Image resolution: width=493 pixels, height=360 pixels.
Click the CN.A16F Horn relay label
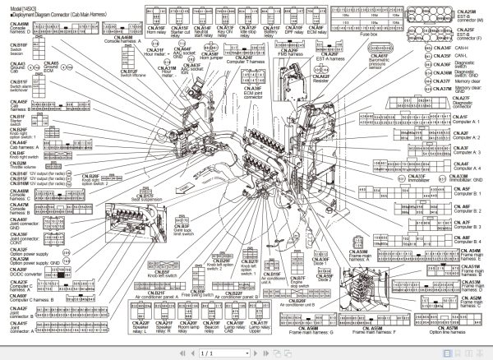click(x=156, y=30)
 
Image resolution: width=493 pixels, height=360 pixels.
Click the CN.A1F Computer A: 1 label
click(x=460, y=119)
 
